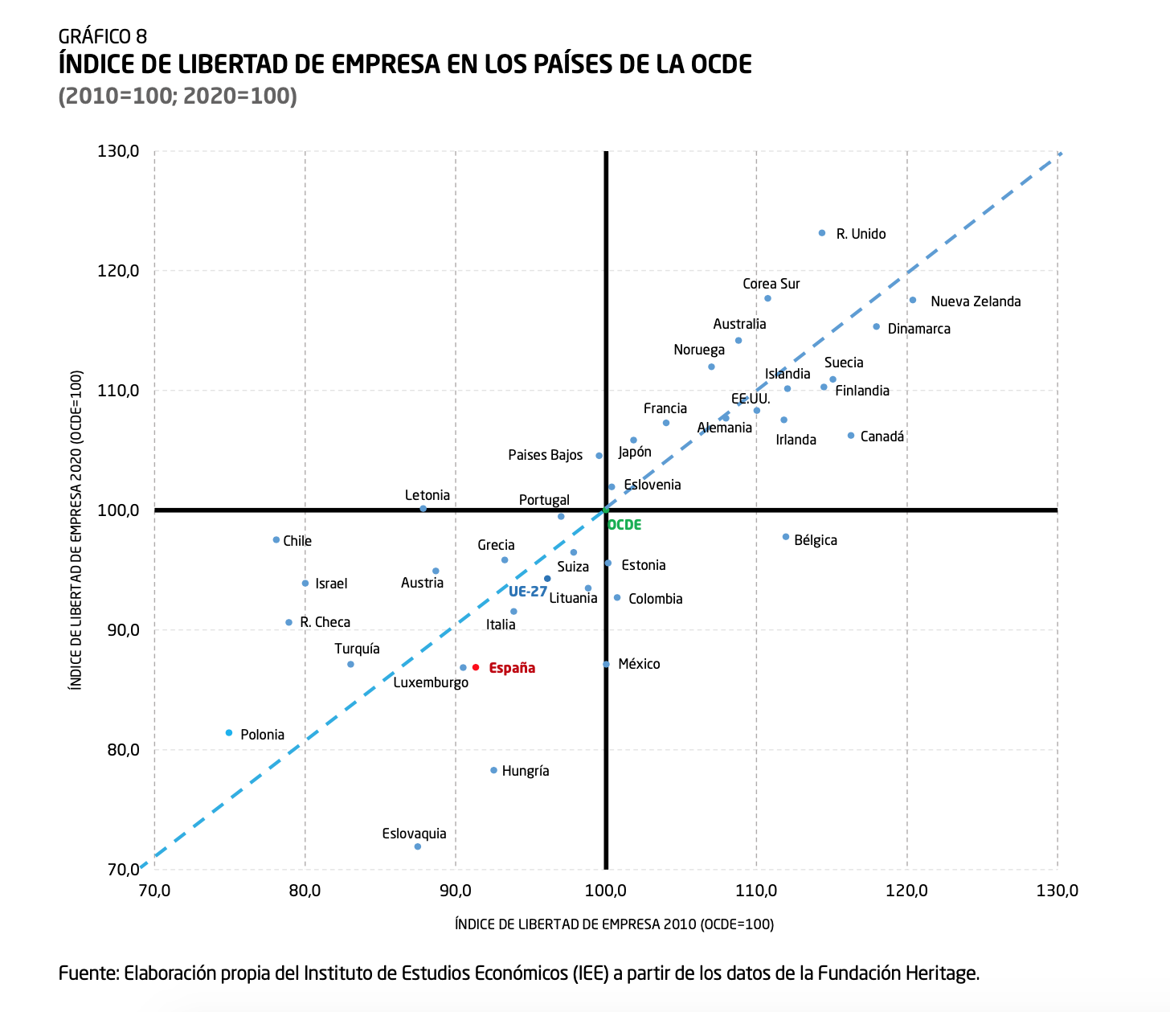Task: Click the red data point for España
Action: tap(476, 667)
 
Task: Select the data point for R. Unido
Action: tap(821, 233)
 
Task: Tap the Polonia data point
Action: tap(229, 733)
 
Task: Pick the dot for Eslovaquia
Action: tap(417, 846)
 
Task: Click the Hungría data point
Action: tap(493, 770)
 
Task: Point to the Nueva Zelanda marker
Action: tap(913, 300)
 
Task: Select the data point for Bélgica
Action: tap(786, 537)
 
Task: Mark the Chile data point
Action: tap(276, 539)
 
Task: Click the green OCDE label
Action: tap(624, 525)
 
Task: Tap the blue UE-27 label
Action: tap(528, 592)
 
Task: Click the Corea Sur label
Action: tap(771, 284)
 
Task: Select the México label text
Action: tap(639, 664)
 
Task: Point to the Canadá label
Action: tap(882, 436)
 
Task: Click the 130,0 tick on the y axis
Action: tap(119, 151)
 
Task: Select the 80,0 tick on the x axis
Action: tap(305, 891)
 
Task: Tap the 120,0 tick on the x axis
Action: tap(906, 891)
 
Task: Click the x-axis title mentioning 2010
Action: tap(614, 924)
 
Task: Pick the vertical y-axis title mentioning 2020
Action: tap(76, 530)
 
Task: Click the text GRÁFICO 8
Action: tap(103, 36)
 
